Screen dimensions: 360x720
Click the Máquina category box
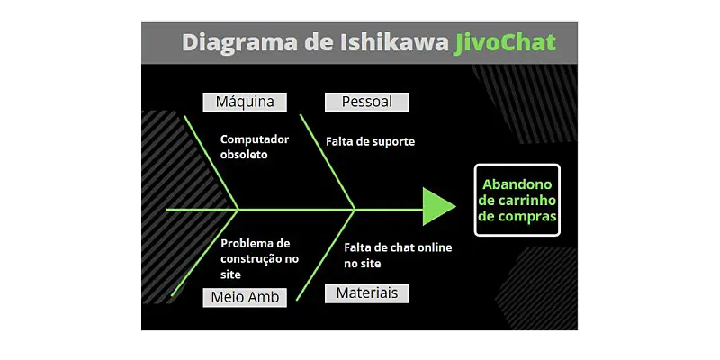(x=245, y=103)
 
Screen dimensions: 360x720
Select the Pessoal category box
(x=366, y=103)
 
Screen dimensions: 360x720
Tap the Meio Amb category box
(x=245, y=297)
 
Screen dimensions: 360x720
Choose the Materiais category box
(x=366, y=293)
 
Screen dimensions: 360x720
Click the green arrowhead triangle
(x=437, y=207)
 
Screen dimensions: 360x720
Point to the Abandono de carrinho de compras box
(x=517, y=200)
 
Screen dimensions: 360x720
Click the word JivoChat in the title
(x=506, y=42)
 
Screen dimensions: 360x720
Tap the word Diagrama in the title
(x=235, y=42)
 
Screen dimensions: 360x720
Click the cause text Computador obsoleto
(x=255, y=147)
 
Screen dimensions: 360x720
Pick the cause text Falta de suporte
(x=370, y=141)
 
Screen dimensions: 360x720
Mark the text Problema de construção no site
(x=259, y=258)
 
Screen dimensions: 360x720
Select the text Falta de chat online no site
(x=398, y=256)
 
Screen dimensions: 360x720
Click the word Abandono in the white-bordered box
(x=517, y=183)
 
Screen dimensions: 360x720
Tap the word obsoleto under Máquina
(x=244, y=155)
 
